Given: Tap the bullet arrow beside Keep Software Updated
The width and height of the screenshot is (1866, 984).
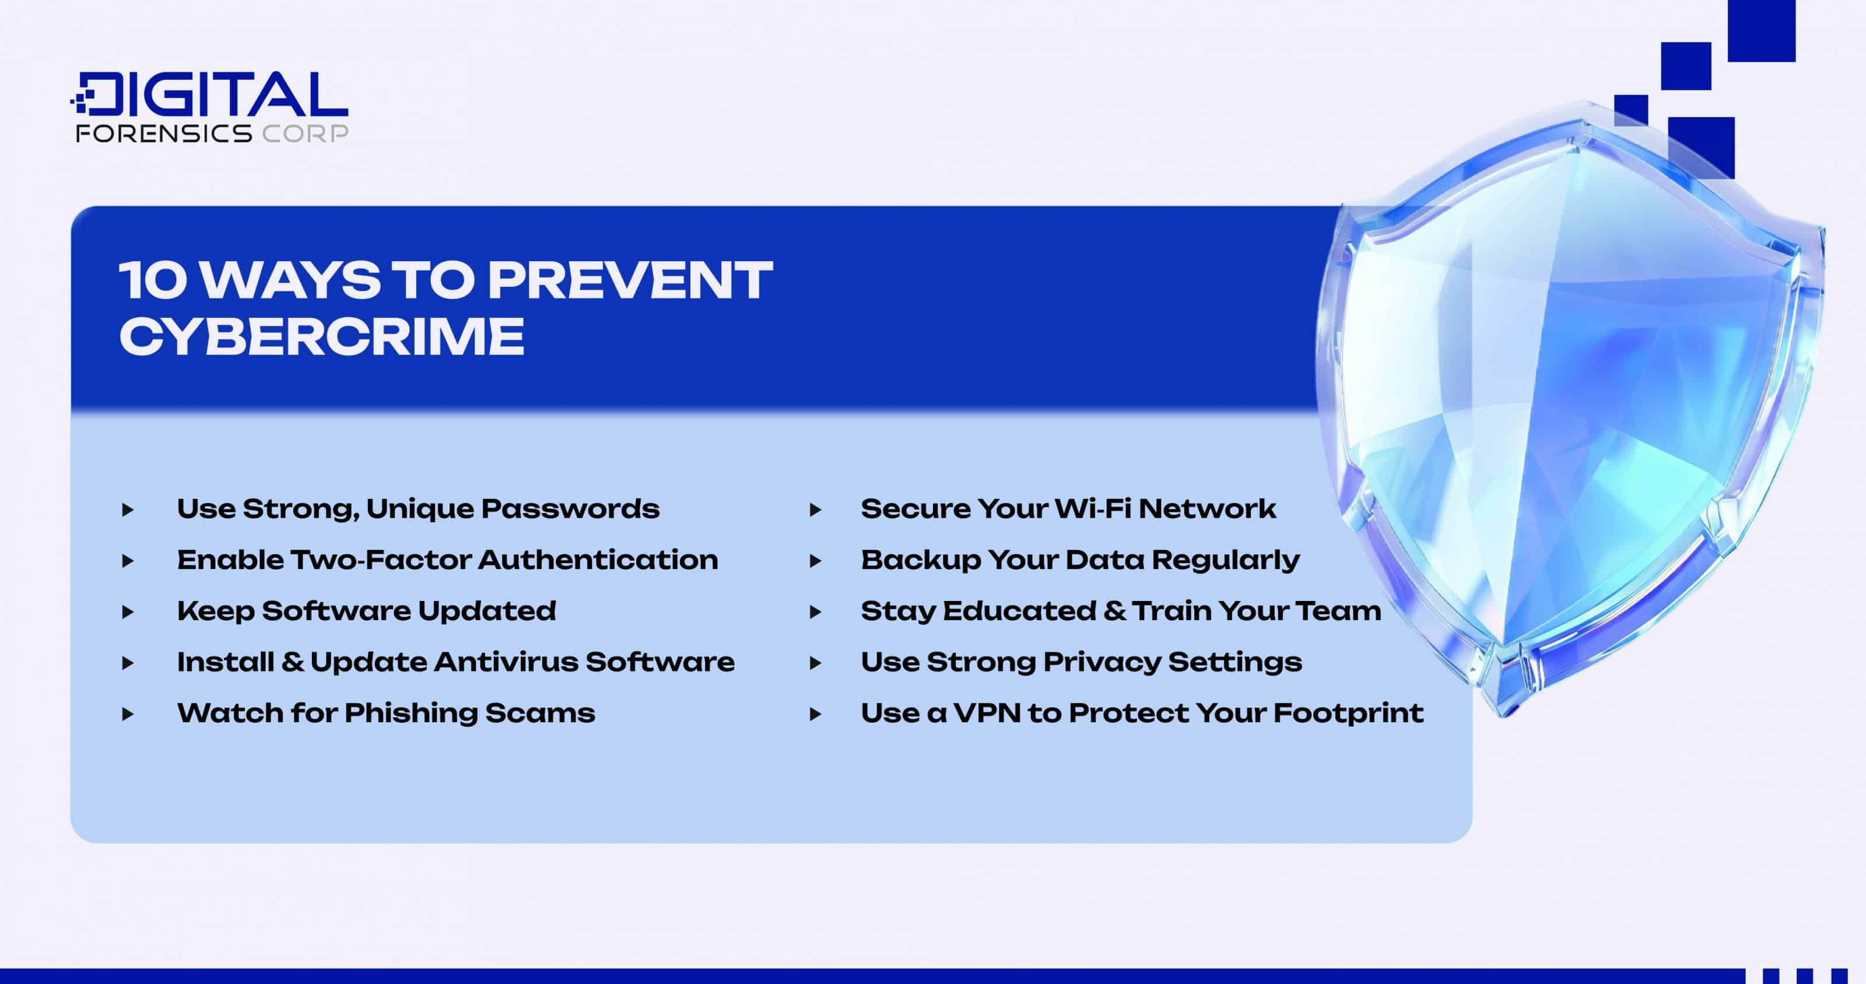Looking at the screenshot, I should [x=128, y=612].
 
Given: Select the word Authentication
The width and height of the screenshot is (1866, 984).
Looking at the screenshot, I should [x=598, y=560].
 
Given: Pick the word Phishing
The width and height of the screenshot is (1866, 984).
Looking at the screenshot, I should [x=409, y=713].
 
